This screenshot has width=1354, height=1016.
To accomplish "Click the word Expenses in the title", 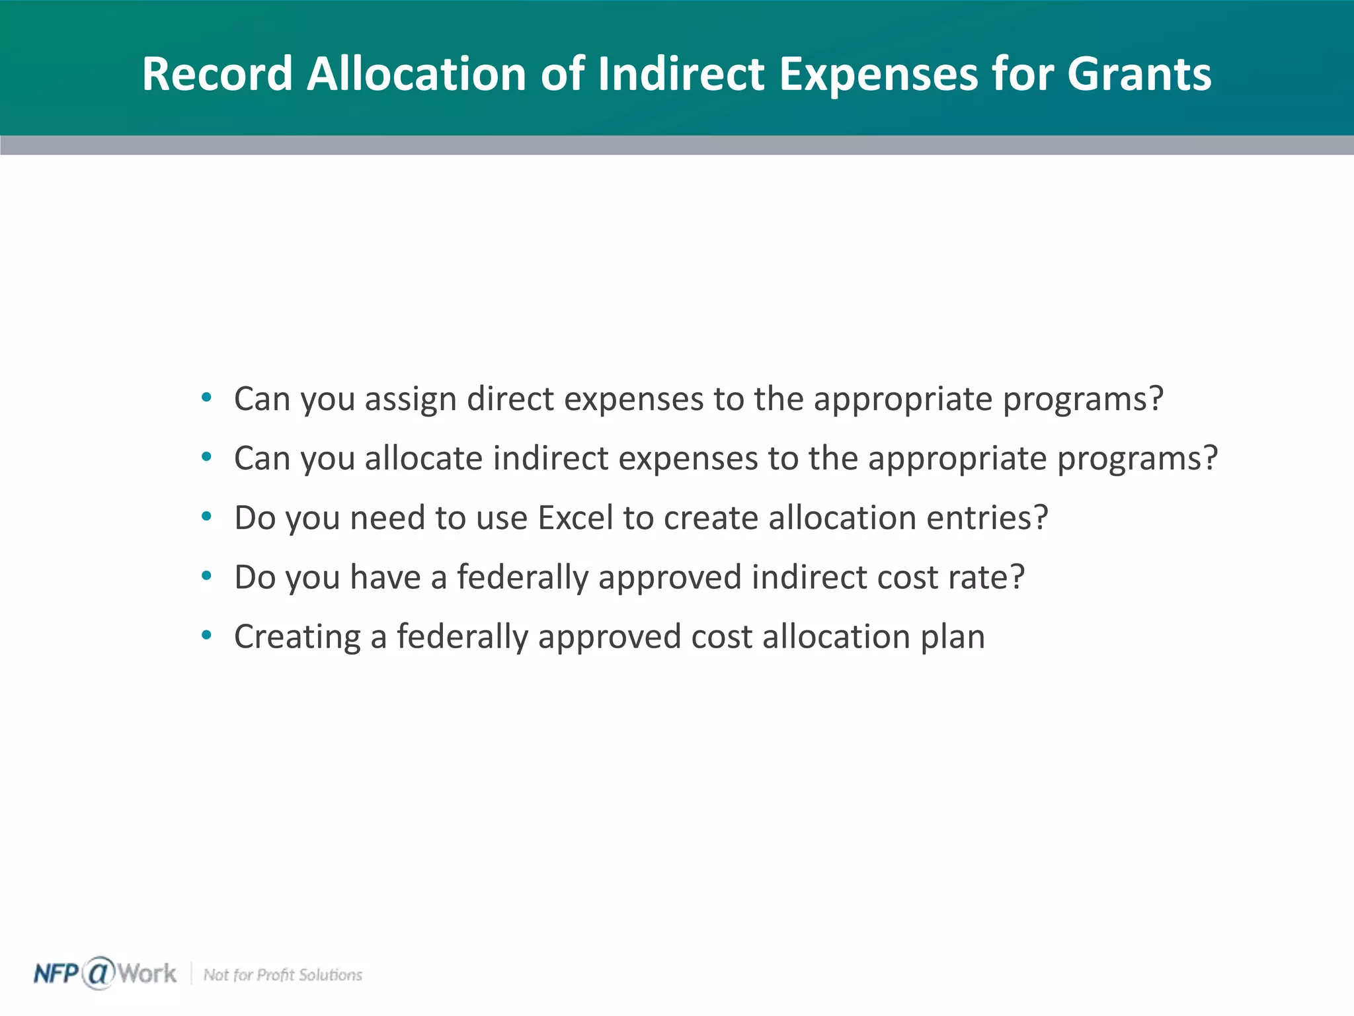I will [x=878, y=74].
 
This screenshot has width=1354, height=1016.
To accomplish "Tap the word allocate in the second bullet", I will [x=423, y=458].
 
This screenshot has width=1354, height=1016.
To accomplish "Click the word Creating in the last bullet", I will [x=297, y=637].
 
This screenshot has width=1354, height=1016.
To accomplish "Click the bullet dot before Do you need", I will [x=207, y=517].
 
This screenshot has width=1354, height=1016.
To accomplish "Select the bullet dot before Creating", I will [x=207, y=636].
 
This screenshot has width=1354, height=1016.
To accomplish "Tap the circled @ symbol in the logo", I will [x=99, y=973].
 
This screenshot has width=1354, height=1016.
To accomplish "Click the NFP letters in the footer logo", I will [x=56, y=974].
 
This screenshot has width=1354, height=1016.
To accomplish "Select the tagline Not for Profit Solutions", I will [x=282, y=975].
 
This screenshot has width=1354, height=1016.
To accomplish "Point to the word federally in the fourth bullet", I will [x=522, y=577].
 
